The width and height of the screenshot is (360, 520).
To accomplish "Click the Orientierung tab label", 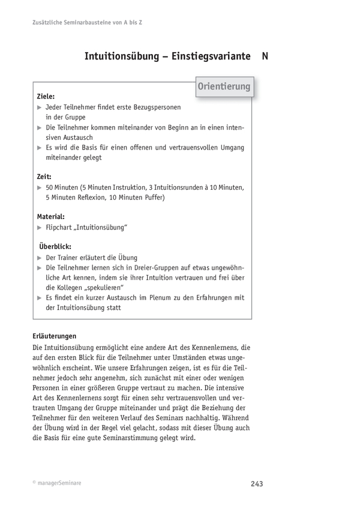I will click(x=224, y=87).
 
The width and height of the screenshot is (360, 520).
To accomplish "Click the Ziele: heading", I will click(x=46, y=95).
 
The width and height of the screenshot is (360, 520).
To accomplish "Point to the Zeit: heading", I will click(x=44, y=177).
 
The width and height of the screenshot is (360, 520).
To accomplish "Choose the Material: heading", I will click(x=51, y=217).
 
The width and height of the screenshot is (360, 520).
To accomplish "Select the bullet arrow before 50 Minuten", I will click(x=40, y=188).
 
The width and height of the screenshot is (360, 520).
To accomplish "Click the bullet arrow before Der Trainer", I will click(x=40, y=257).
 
